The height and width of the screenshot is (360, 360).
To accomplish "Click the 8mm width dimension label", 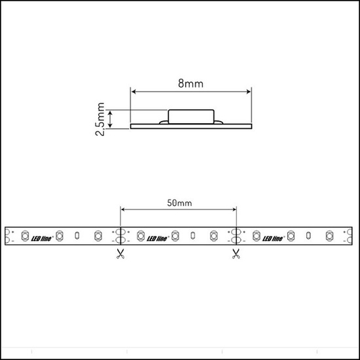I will coord(191,83).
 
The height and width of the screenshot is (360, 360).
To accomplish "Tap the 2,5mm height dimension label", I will coord(100,118).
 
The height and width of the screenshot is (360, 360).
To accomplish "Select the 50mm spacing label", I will coord(179,204).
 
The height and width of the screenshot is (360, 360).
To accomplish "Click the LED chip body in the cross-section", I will coord(191,116).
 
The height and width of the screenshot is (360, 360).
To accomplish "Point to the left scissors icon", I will coord(119,253).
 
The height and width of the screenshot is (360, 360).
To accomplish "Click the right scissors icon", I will coord(236,253).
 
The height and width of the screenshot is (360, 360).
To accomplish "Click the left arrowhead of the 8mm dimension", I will coord(134,92).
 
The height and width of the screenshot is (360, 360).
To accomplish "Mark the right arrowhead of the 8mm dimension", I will coord(249,92).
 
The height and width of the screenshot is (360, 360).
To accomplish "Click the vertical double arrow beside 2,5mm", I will coord(112,118).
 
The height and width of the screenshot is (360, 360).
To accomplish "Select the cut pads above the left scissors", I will coord(120,234).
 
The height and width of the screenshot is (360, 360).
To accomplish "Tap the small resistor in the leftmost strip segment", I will coord(77,234).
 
